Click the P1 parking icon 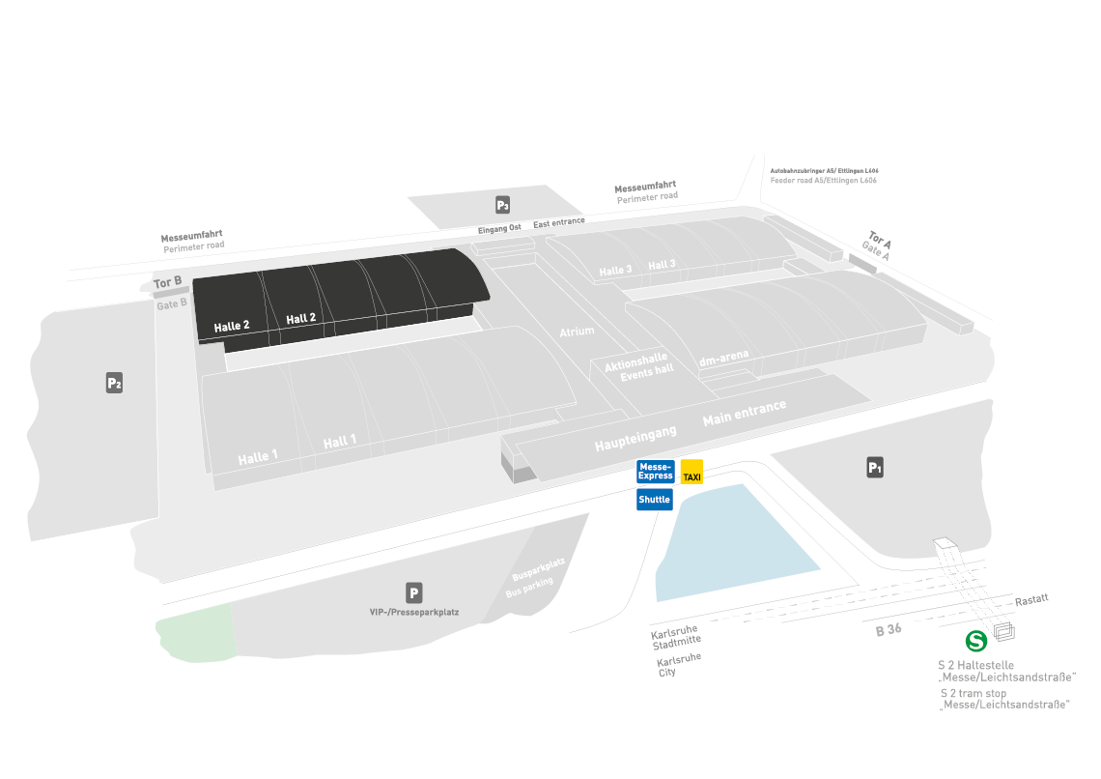pos(875,469)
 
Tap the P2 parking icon pos(114,384)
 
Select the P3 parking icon pos(502,205)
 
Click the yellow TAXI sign pos(692,472)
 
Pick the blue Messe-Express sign pos(656,472)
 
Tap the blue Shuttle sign pos(654,500)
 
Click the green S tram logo pos(976,641)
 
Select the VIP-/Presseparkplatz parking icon pos(414,593)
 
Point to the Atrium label pos(577,332)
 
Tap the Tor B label pos(167,283)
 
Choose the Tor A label pos(880,239)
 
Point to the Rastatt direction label pos(1031,600)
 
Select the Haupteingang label pos(635,438)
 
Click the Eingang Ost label pos(499,228)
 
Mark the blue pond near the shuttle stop pos(734,541)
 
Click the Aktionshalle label pos(635,361)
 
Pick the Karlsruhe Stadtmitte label pos(676,634)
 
